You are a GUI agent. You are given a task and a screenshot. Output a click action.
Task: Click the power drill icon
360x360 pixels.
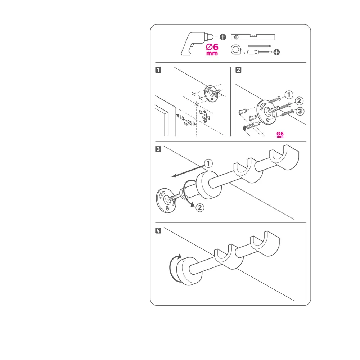(195, 44)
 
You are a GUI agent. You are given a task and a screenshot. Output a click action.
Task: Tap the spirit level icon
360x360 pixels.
(253, 37)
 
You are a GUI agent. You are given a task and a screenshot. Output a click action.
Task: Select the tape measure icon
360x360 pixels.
(236, 50)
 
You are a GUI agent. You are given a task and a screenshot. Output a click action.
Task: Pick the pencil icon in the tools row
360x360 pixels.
(260, 46)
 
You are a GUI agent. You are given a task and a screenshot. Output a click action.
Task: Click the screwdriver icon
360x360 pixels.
(260, 52)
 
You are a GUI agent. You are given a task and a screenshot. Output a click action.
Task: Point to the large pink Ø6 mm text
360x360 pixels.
(212, 50)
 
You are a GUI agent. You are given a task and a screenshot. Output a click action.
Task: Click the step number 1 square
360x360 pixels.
(158, 70)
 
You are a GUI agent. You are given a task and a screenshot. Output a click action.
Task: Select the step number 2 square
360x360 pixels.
(239, 70)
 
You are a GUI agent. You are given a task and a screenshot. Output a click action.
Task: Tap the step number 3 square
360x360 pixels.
(158, 149)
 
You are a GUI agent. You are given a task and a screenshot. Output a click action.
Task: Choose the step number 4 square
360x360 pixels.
(158, 230)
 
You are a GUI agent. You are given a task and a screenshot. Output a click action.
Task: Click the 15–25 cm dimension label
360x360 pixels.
(186, 121)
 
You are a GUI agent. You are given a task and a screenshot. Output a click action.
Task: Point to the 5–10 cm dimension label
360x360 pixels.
(204, 116)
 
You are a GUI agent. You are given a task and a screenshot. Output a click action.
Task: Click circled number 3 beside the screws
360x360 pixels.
(300, 111)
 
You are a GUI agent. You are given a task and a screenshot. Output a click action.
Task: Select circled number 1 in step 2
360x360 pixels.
(289, 95)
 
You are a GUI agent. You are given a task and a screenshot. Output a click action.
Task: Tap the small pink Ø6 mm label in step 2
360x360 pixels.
(280, 135)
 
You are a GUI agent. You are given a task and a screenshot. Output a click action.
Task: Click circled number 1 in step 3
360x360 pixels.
(208, 163)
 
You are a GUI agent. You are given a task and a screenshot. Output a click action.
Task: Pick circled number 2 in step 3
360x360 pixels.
(200, 208)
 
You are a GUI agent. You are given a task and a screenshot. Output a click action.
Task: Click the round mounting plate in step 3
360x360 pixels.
(166, 201)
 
